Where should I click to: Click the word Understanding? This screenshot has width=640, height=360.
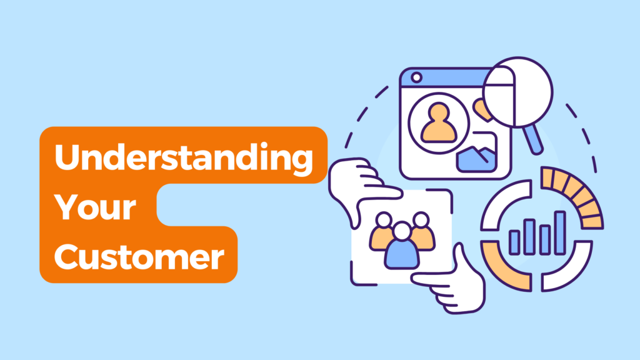(184, 158)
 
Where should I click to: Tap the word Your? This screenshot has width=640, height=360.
(95, 207)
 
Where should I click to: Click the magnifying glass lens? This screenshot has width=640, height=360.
(518, 92)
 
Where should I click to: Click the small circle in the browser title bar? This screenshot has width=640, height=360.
(416, 77)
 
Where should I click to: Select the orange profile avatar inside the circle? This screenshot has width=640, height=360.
(439, 122)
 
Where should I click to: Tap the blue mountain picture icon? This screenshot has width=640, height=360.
(476, 159)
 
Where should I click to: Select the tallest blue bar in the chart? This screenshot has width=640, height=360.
(560, 232)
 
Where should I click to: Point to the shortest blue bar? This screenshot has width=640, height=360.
(514, 242)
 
